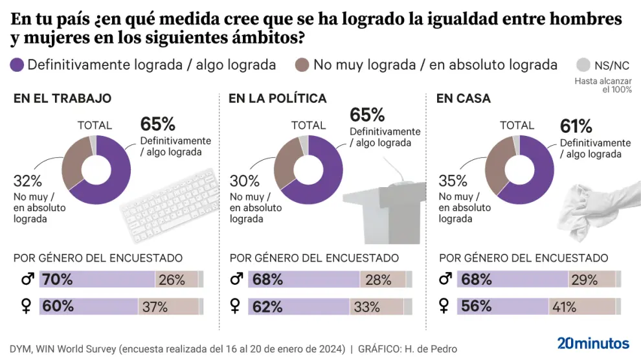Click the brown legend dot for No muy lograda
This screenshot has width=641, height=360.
click(302, 65)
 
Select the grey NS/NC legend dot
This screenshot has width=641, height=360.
click(583, 65)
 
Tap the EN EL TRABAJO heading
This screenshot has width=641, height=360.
click(62, 99)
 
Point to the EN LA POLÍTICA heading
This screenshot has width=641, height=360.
click(277, 99)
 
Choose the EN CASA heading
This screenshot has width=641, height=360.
click(464, 99)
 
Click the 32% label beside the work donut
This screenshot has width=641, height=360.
click(27, 181)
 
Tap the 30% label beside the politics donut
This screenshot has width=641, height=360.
click(244, 181)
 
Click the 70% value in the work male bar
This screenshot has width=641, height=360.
click(58, 280)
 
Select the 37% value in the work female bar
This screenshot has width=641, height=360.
click(155, 306)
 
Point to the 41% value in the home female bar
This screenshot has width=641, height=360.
click(563, 306)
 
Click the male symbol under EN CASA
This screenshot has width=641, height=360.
click(445, 280)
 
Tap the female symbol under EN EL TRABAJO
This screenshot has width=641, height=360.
click(26, 306)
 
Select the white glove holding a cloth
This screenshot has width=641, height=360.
click(596, 207)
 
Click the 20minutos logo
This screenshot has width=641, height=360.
click(593, 343)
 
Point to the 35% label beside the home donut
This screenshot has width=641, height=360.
click(453, 181)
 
